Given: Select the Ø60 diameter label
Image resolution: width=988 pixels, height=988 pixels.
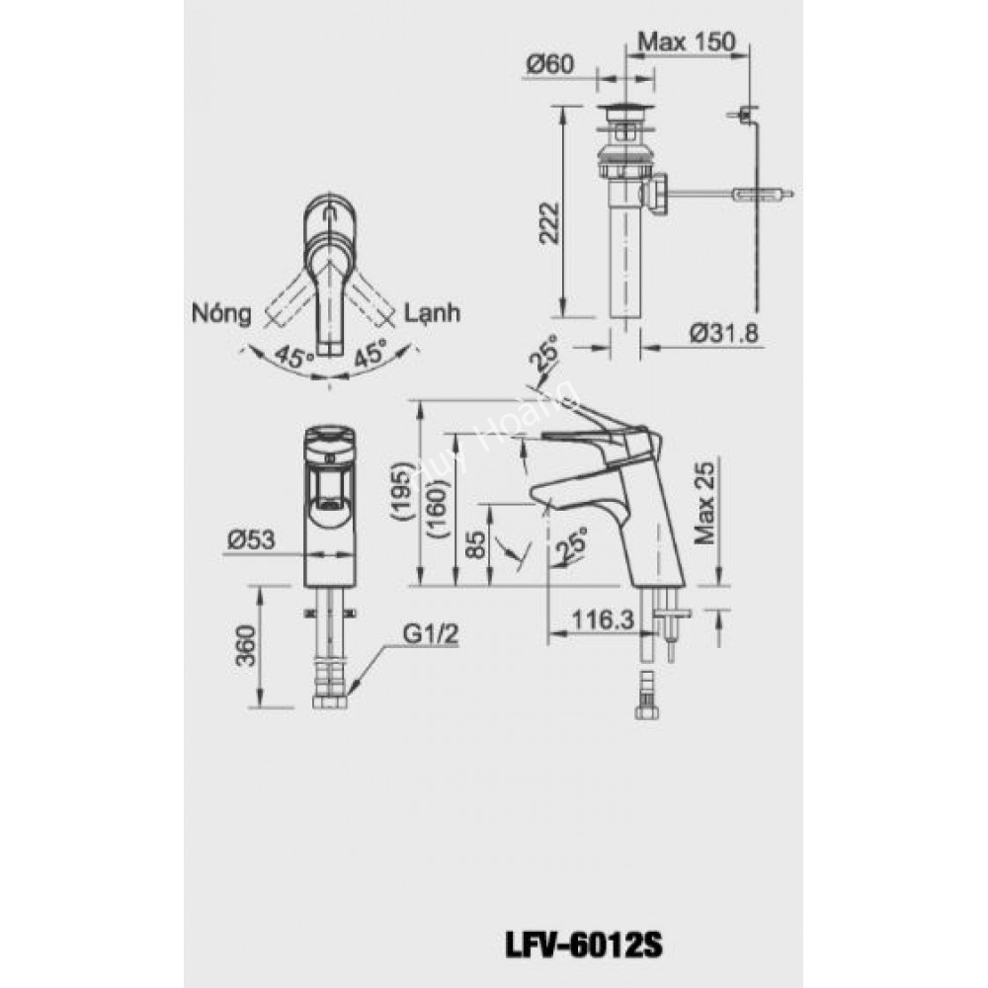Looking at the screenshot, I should (550, 65).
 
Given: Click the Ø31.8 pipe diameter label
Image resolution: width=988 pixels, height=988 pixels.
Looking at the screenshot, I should (723, 334).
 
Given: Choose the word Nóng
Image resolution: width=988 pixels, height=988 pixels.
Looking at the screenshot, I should (219, 313).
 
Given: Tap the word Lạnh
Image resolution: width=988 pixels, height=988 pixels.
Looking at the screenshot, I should (434, 313).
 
